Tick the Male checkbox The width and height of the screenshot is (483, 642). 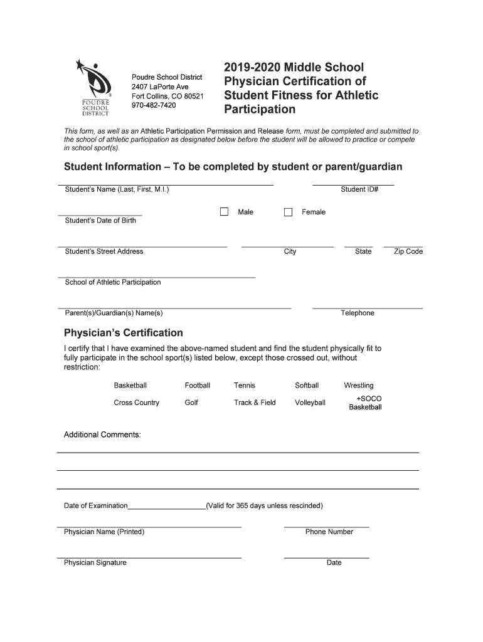click(224, 212)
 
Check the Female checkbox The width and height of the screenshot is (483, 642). click(289, 212)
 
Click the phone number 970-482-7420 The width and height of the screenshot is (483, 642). click(154, 105)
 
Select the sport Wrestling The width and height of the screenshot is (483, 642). click(358, 386)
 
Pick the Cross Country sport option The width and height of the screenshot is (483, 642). click(136, 403)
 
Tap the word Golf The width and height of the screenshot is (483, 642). click(191, 403)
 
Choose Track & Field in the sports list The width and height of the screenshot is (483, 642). click(255, 403)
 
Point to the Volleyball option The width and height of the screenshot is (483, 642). click(310, 403)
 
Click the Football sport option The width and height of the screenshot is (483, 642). click(197, 386)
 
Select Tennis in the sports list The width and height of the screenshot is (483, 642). click(245, 386)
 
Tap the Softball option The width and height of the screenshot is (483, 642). click(307, 386)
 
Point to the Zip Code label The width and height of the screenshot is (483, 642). click(408, 251)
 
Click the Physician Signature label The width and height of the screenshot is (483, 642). click(95, 562)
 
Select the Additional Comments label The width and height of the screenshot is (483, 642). click(102, 434)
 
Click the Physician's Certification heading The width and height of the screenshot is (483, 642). click(124, 333)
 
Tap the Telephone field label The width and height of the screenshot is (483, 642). click(357, 313)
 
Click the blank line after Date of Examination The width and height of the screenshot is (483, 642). click(167, 506)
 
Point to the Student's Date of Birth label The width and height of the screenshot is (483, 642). click(100, 221)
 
